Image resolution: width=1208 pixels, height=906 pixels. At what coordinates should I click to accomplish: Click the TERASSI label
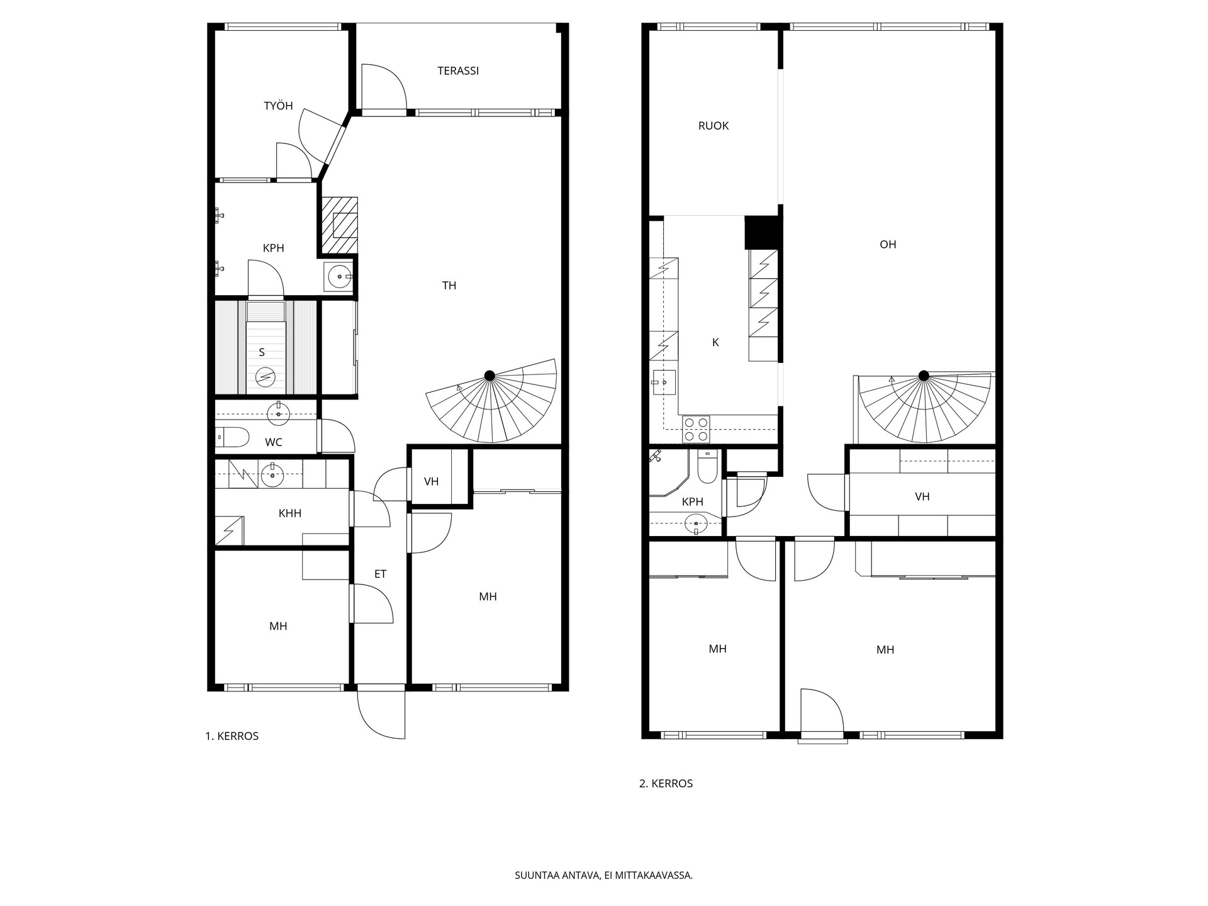click(x=458, y=71)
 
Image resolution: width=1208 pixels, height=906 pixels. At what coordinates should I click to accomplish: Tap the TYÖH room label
click(x=278, y=106)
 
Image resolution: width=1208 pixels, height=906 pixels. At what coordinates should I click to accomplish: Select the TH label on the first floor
click(x=449, y=286)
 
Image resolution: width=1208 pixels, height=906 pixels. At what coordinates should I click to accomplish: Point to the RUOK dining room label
click(x=713, y=126)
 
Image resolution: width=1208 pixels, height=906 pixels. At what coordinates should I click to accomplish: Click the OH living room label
click(x=888, y=245)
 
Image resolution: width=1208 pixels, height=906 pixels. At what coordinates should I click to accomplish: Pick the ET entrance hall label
click(x=380, y=574)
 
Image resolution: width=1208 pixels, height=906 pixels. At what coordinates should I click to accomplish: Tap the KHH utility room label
click(x=290, y=513)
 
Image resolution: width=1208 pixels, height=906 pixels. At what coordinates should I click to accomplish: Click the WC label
click(x=274, y=442)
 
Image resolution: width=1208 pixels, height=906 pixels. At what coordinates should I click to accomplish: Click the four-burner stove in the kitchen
click(x=695, y=429)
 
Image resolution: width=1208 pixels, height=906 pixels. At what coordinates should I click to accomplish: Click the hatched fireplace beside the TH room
click(x=340, y=225)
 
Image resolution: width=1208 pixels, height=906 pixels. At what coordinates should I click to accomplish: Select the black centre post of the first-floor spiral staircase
click(x=489, y=376)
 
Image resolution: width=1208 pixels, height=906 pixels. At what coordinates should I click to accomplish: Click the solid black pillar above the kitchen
click(x=763, y=232)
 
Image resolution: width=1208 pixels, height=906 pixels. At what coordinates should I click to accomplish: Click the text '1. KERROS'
click(x=232, y=736)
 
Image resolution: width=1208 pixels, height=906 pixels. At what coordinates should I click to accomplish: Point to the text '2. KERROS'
click(x=666, y=784)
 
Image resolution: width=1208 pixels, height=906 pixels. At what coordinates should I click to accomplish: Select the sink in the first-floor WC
click(x=277, y=413)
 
